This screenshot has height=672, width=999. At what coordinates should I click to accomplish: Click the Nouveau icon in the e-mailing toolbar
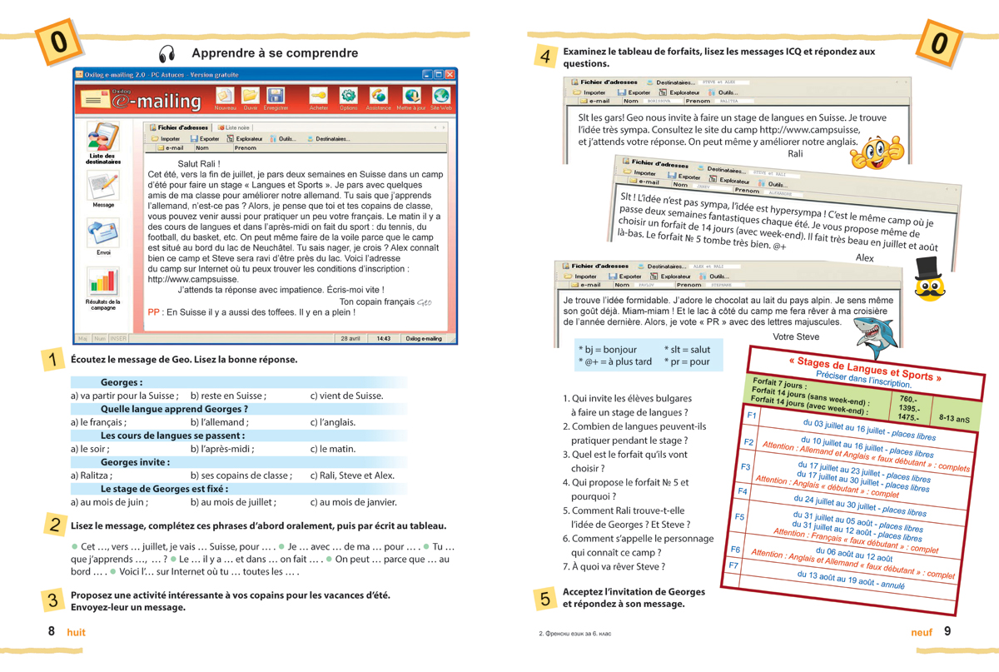tap(225, 96)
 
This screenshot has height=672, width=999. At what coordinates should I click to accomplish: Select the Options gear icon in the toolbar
tap(348, 96)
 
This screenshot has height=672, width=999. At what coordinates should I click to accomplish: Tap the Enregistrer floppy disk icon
tap(276, 96)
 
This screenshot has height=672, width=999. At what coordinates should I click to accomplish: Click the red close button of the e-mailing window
tap(450, 75)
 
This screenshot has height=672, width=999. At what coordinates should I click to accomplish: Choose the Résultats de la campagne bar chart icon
tap(103, 282)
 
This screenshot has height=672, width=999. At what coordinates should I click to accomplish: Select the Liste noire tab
tap(234, 127)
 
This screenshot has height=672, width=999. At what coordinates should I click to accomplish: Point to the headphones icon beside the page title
tap(167, 54)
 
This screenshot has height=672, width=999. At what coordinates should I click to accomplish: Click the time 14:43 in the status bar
tap(383, 339)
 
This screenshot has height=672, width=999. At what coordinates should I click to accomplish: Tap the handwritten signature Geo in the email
tap(423, 302)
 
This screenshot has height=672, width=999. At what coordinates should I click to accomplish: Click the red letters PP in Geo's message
tap(154, 313)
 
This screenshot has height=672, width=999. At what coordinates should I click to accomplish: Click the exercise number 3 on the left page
tap(53, 599)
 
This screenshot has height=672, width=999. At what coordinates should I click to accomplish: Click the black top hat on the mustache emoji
tap(931, 269)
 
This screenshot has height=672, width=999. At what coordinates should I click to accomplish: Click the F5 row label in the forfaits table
tap(739, 516)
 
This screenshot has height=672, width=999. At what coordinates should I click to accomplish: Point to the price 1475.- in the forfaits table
tap(908, 417)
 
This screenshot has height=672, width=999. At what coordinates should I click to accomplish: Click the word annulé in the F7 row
tap(892, 585)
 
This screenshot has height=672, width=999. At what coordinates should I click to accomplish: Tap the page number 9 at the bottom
tap(947, 632)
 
